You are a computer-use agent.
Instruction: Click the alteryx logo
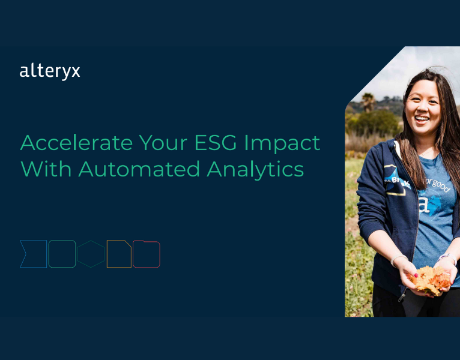point(50,71)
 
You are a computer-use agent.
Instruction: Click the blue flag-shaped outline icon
point(33,254)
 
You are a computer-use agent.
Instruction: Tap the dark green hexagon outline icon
point(91,254)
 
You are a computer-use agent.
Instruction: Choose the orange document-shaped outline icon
point(119,254)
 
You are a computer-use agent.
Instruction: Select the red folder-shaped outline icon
point(147,254)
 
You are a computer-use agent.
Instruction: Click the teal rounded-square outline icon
point(62,254)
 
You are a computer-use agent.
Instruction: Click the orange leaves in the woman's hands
point(431,279)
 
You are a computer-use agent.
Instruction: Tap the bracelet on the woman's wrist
point(396,260)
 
